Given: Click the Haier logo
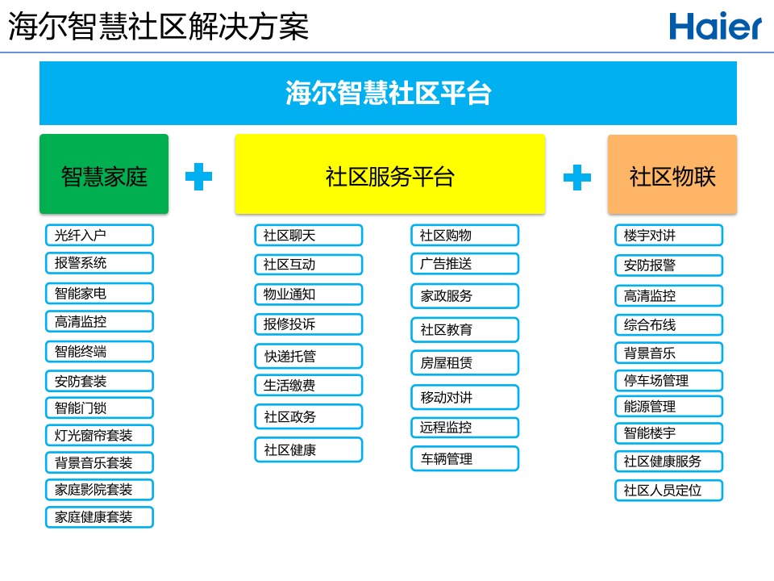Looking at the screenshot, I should point(714,27).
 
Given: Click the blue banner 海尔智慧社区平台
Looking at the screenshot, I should point(388,93).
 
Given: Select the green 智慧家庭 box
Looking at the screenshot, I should point(104,174).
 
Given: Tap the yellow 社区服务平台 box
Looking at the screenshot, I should point(389,174).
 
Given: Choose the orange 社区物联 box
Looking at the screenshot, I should point(672,174).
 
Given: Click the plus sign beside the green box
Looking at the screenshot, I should point(198,177).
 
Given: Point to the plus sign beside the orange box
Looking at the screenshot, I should point(576,177).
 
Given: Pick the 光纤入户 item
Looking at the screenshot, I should point(99,235).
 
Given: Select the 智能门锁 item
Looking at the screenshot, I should point(99,408).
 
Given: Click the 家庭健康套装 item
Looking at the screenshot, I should point(99,517).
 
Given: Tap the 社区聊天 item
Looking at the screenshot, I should point(308,235).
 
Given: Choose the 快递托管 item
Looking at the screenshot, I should point(308,356).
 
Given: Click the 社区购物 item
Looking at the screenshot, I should point(464,235).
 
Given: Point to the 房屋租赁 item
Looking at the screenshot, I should point(464,362).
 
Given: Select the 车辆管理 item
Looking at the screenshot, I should point(464,458).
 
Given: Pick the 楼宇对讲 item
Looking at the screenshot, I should point(668,235).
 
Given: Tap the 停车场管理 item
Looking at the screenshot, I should point(668,380).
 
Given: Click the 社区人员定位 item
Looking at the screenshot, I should point(668,490).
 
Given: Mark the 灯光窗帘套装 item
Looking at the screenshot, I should point(99,435).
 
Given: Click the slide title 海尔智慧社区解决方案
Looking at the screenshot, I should point(159,27).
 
